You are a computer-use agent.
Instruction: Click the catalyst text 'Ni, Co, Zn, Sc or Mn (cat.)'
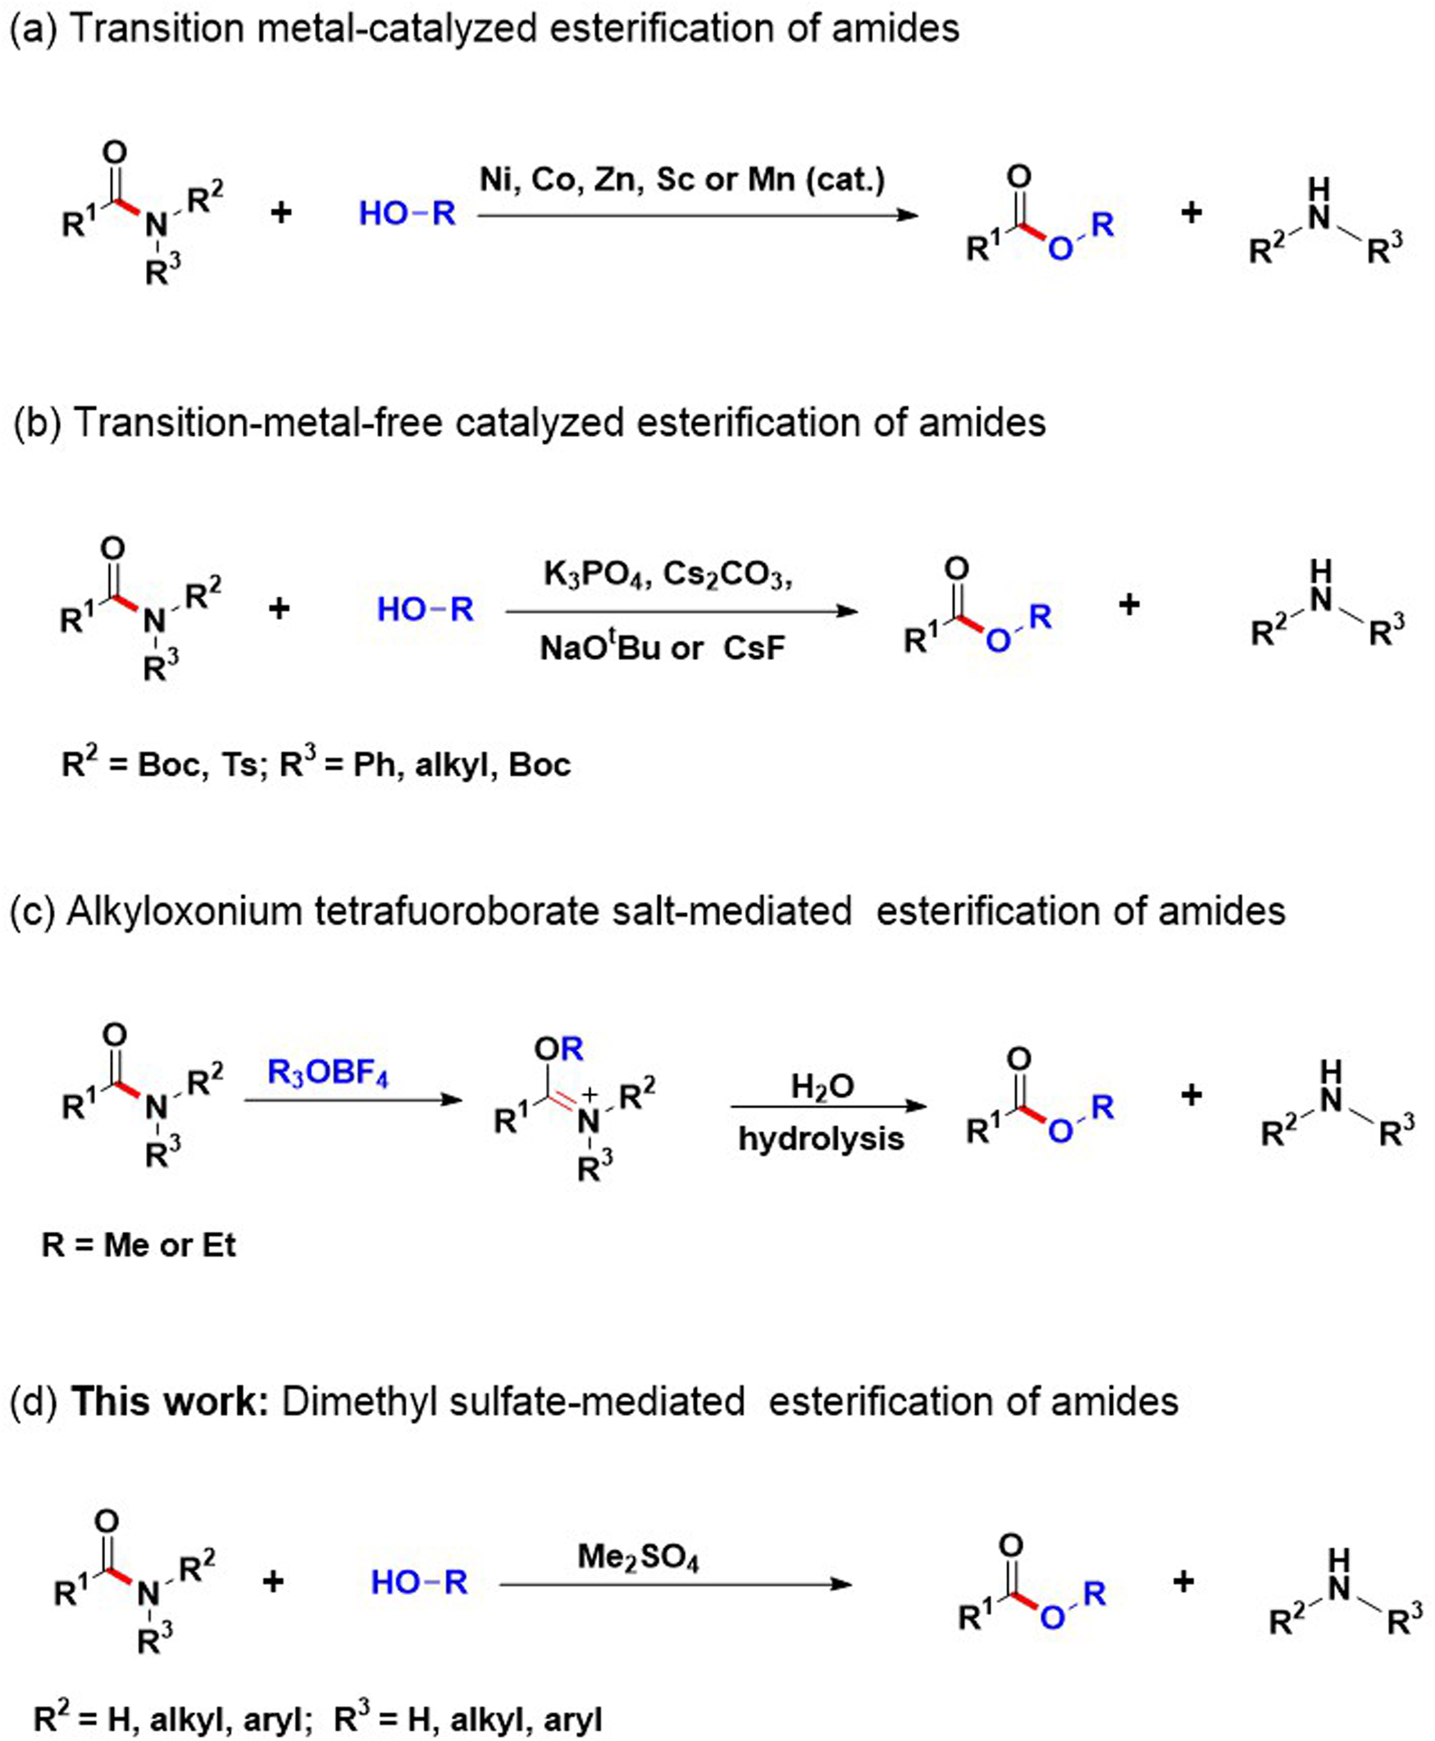coord(682,180)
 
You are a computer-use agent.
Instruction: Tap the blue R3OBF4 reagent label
coord(327,1073)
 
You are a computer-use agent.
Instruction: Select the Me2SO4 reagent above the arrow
coord(638,1558)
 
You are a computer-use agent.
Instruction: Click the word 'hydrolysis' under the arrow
coord(821,1138)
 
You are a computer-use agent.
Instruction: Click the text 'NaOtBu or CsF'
coord(662,648)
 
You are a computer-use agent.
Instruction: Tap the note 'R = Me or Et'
coord(139,1244)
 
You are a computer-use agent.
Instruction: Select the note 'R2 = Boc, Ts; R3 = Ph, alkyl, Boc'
coord(316,764)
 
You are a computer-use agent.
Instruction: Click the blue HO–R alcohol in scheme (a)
coord(407,214)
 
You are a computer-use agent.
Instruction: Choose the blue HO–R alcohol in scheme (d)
coord(419,1582)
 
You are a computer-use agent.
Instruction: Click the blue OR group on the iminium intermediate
coord(558,1049)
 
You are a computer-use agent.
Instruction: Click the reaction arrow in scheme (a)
coord(697,215)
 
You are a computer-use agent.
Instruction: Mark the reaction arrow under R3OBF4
coord(353,1100)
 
